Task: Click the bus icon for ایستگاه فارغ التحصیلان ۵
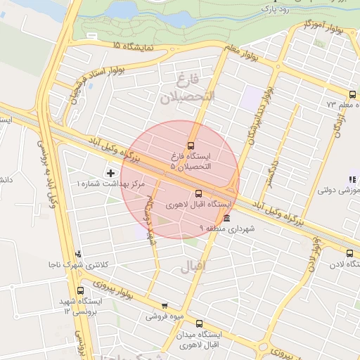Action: tap(191, 146)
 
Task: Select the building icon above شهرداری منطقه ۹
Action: tap(226, 218)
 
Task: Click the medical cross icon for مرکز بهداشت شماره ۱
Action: tap(110, 172)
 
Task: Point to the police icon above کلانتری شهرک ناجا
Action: tap(77, 254)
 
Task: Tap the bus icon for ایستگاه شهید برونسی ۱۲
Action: tap(79, 290)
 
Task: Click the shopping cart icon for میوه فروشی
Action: tap(165, 306)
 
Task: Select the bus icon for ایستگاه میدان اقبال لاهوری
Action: tap(199, 323)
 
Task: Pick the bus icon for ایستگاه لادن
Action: tap(349, 253)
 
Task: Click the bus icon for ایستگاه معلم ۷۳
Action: tap(352, 94)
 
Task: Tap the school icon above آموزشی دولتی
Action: tap(352, 180)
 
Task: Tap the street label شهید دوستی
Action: tap(150, 219)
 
